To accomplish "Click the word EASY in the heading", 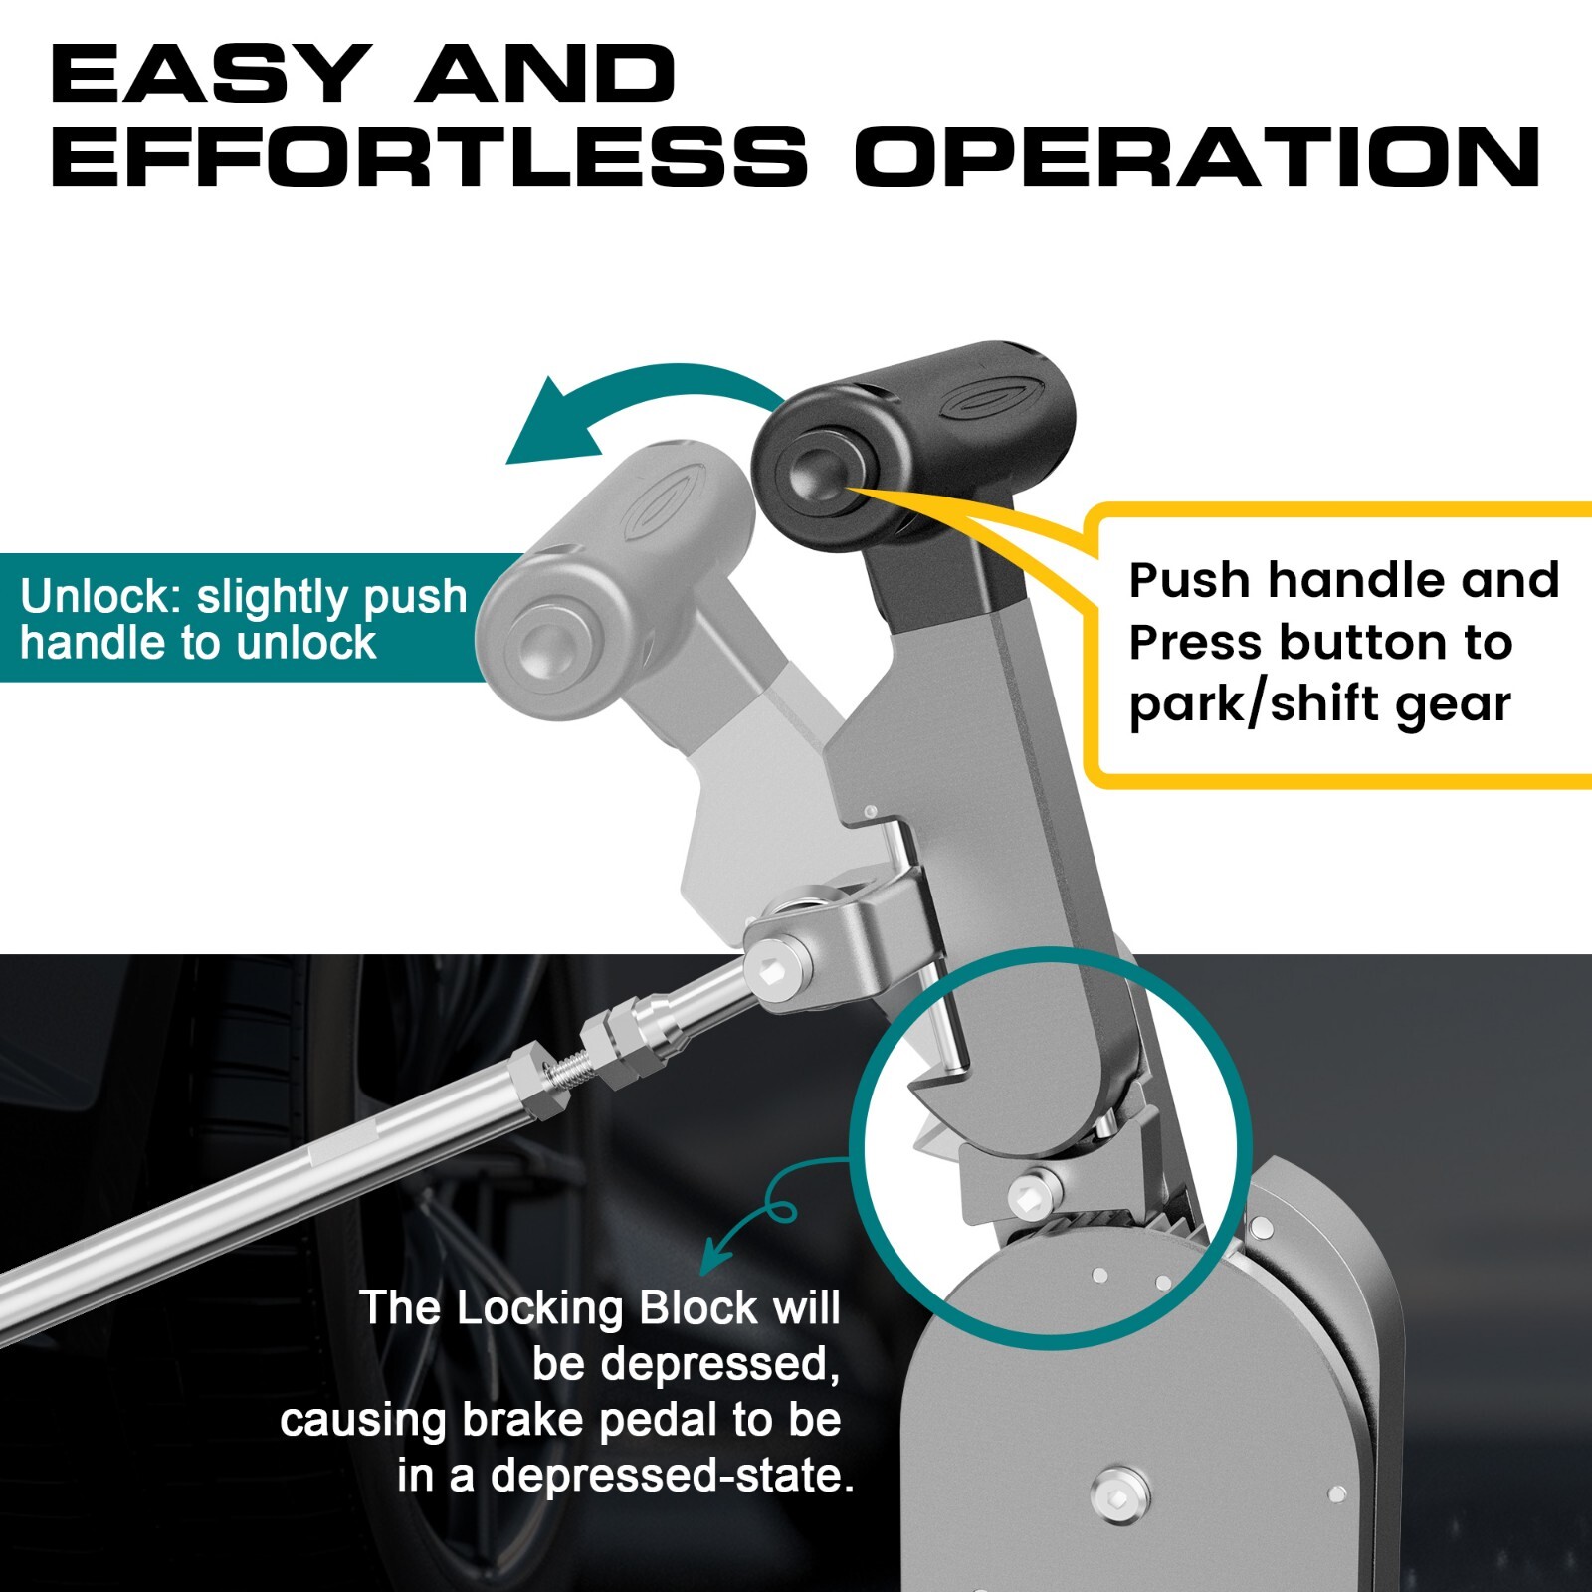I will (207, 75).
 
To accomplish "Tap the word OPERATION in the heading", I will (1198, 157).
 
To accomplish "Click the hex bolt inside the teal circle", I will (1031, 1194).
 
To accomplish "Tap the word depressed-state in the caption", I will (673, 1476).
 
